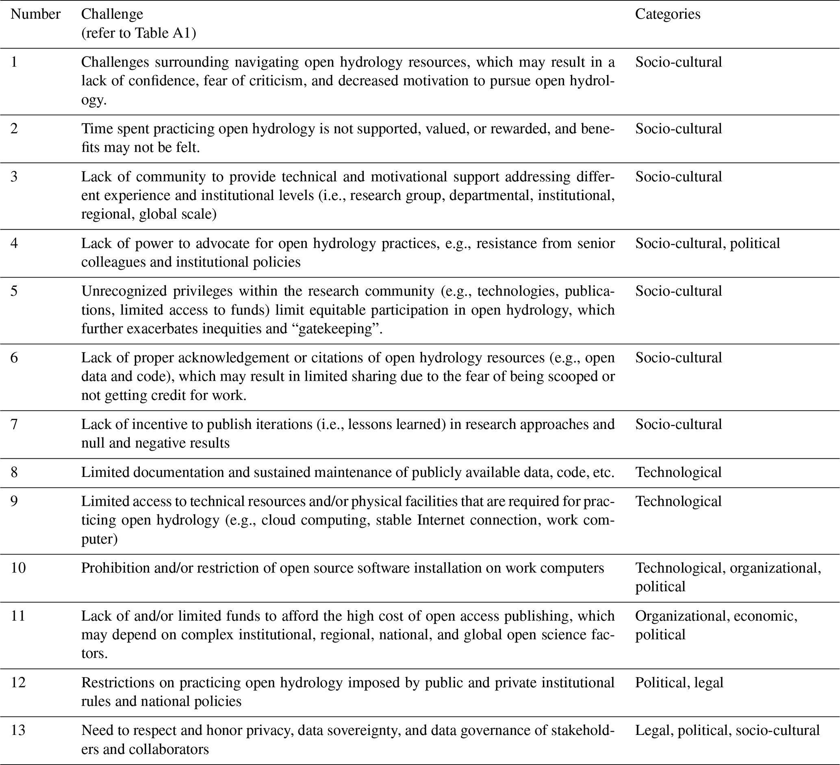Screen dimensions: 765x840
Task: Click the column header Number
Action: point(35,14)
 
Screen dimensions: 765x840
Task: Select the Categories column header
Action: point(668,14)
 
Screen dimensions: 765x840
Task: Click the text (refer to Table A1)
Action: point(138,33)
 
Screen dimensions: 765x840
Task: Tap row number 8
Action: point(14,472)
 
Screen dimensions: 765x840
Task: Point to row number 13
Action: point(18,730)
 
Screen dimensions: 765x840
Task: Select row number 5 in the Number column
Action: point(14,290)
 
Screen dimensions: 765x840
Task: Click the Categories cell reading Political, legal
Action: point(679,682)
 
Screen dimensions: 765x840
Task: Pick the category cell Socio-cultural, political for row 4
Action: point(707,243)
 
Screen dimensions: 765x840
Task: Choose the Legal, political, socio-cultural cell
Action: point(727,730)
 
